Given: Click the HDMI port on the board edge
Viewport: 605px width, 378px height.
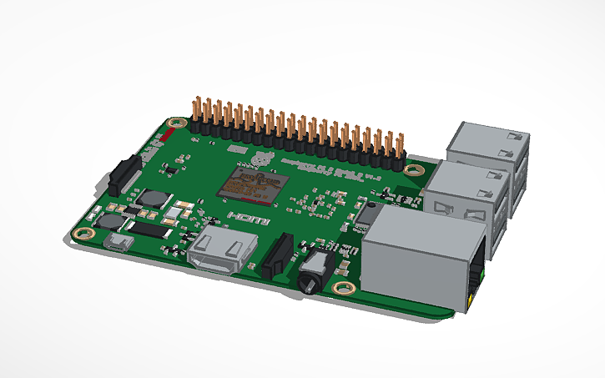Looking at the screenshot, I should click(x=222, y=253).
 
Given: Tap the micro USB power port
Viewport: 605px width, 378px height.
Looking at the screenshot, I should click(x=118, y=244).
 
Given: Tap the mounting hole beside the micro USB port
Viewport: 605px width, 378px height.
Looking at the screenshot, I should click(x=82, y=234).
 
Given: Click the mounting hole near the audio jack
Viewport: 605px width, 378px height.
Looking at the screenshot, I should click(x=342, y=289).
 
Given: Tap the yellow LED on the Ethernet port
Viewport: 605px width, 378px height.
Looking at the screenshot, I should click(x=474, y=295).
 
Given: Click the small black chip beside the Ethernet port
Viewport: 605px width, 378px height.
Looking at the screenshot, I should click(x=365, y=215).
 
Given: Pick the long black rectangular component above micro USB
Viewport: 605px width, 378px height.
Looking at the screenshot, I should click(x=143, y=225).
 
